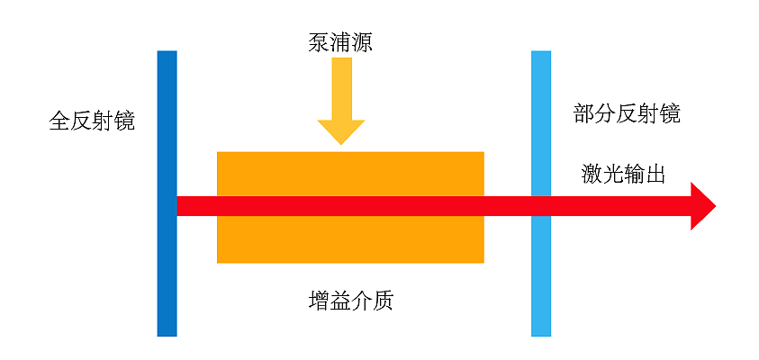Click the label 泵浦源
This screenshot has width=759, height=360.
[340, 43]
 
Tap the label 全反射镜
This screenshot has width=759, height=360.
[92, 121]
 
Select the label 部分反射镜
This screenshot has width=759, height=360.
[627, 114]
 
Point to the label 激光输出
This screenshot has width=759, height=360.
[623, 175]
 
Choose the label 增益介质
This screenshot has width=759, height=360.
[350, 301]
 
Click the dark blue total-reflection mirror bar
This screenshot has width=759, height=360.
[167, 193]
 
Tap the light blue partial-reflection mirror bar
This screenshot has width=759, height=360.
[541, 193]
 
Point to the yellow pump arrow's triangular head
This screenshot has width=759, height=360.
[340, 132]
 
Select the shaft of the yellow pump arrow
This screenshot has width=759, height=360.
[341, 88]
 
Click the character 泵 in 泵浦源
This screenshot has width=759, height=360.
[319, 43]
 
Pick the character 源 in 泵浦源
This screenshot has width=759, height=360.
[362, 43]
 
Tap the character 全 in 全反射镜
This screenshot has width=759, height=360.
[60, 121]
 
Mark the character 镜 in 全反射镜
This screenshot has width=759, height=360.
[124, 121]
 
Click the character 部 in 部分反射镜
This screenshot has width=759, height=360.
[584, 114]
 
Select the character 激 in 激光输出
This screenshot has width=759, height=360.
[592, 175]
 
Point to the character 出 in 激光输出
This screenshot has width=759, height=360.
[655, 175]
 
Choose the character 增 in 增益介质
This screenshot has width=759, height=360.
[319, 301]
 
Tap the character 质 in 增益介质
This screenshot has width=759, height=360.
[383, 301]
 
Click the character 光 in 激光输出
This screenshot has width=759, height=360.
[613, 175]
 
